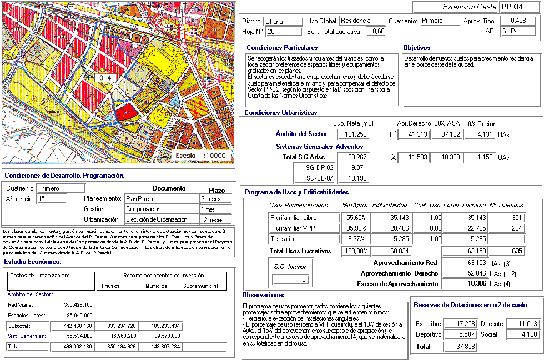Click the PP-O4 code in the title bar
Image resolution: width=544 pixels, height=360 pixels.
511,7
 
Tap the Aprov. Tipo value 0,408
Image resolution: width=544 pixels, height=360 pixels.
518,21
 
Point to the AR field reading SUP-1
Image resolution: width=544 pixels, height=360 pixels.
518,31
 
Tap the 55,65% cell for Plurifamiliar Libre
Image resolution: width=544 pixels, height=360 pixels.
355,217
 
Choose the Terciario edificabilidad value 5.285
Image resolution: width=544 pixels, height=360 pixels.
391,239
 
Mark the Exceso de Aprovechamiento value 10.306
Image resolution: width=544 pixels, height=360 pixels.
462,283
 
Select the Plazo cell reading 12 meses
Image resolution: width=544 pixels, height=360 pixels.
215,219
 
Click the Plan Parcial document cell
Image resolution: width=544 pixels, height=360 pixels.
161,198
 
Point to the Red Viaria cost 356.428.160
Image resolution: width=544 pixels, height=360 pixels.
78,304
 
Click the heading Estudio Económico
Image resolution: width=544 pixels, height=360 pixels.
33,261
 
